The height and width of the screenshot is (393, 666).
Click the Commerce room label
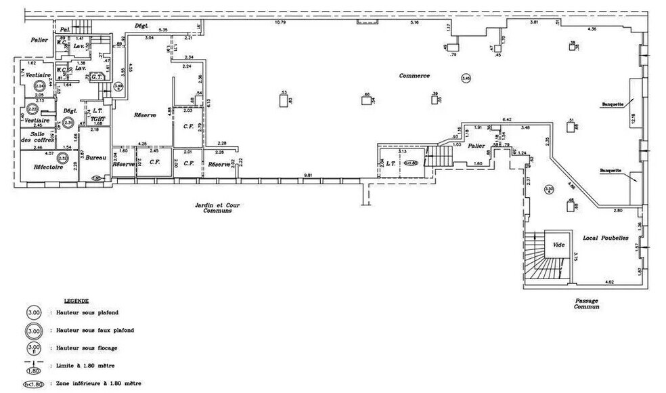[x=414, y=76]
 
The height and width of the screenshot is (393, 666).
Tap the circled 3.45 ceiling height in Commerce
[x=466, y=79]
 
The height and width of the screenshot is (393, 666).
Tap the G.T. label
[x=96, y=77]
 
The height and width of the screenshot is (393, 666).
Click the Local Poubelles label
[x=606, y=239]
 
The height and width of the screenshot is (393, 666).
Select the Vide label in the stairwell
[x=558, y=244]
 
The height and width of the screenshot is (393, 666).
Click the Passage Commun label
[x=586, y=303]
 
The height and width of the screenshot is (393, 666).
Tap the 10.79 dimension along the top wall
[x=280, y=23]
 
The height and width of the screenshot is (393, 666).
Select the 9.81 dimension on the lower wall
[x=308, y=175]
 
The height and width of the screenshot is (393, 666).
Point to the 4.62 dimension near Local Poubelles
[x=608, y=281]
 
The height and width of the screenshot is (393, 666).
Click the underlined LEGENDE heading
[x=76, y=299]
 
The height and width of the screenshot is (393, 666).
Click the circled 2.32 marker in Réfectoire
[x=62, y=159]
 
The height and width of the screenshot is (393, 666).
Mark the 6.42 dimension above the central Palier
[x=506, y=120]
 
